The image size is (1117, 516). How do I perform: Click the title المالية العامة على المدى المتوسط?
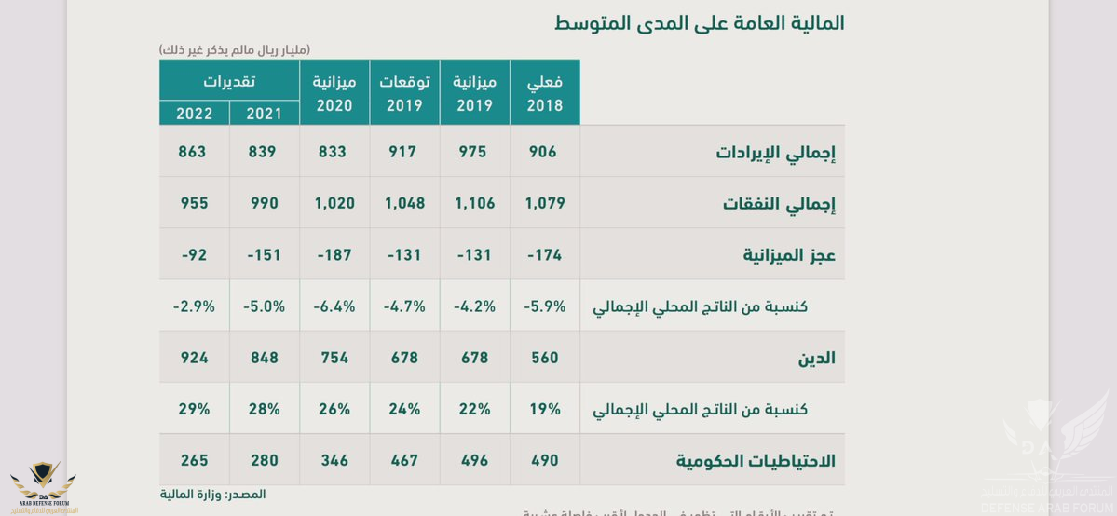click(x=699, y=23)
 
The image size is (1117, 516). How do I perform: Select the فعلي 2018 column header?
click(x=545, y=93)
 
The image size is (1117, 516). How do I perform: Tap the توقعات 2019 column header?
click(x=404, y=93)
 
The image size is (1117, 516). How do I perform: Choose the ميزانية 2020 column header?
click(x=334, y=93)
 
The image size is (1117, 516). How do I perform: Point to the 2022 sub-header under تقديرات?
click(x=194, y=114)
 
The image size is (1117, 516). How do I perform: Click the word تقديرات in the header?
click(x=230, y=81)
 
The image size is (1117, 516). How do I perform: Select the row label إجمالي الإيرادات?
click(x=775, y=152)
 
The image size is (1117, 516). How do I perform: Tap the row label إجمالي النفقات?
click(x=779, y=204)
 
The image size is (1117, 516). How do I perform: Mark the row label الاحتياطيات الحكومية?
click(x=756, y=460)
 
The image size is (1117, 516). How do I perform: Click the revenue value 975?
click(x=472, y=151)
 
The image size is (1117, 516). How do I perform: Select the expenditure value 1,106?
click(x=474, y=203)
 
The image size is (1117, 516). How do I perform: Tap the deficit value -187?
click(x=334, y=254)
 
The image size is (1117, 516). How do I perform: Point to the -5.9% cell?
click(x=545, y=306)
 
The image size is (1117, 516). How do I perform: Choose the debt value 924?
click(x=194, y=358)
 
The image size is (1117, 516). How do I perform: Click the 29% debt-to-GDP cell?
click(x=194, y=409)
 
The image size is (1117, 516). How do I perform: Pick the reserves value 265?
click(x=194, y=460)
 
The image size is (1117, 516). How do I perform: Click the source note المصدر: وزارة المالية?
click(x=212, y=495)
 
